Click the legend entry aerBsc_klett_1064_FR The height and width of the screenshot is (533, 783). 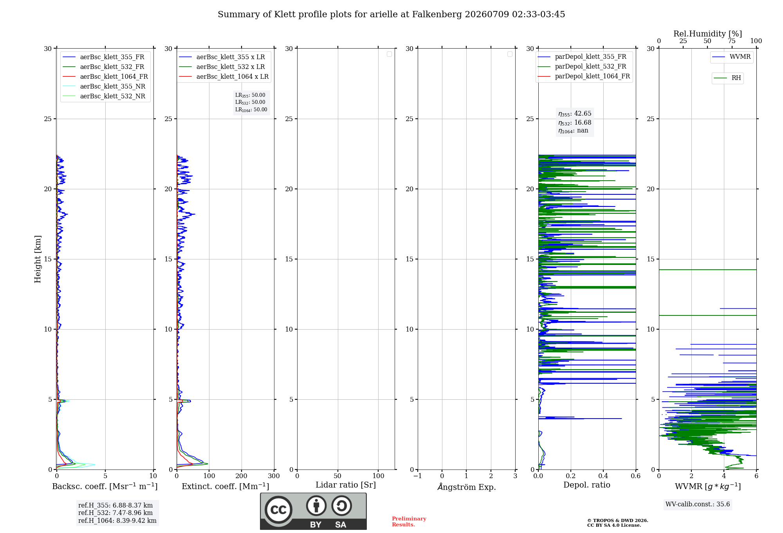105,77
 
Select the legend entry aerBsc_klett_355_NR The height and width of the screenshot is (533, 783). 104,87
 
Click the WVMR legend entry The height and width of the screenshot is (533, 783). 731,57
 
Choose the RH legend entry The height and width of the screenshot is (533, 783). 727,78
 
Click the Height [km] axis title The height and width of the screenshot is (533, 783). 38,259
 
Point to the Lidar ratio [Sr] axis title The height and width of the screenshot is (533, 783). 346,485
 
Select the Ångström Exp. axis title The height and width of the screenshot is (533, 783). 467,487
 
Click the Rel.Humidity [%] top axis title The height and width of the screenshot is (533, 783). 707,34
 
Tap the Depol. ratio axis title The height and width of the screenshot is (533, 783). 587,485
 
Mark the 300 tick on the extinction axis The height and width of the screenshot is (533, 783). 274,476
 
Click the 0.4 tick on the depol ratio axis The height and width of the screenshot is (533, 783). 603,476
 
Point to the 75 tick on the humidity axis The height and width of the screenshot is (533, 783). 732,41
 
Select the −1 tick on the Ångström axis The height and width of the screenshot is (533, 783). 418,476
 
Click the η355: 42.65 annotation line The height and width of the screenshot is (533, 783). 575,114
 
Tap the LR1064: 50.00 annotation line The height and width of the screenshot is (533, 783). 251,110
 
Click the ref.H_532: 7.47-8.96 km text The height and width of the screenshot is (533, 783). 115,513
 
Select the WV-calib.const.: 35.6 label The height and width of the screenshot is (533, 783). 698,504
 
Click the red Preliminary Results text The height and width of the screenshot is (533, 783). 409,522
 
